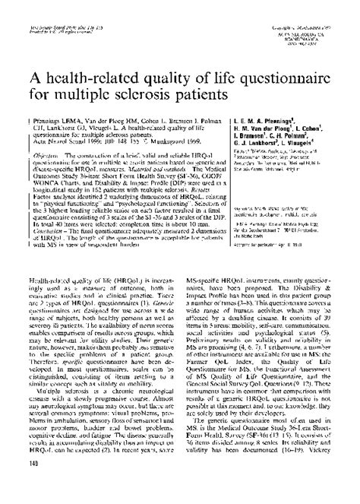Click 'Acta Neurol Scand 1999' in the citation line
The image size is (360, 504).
tap(60, 140)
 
